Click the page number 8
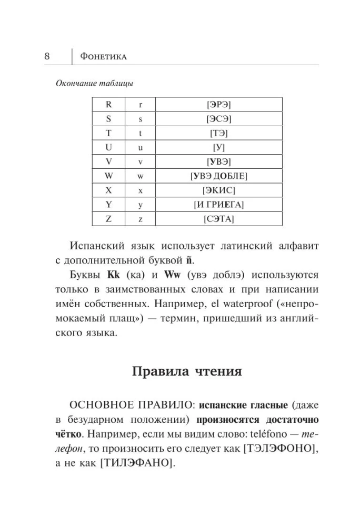pyautogui.click(x=47, y=56)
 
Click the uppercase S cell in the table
pyautogui.click(x=108, y=118)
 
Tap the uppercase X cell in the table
pyautogui.click(x=108, y=190)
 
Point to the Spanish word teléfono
pyautogui.click(x=269, y=435)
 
